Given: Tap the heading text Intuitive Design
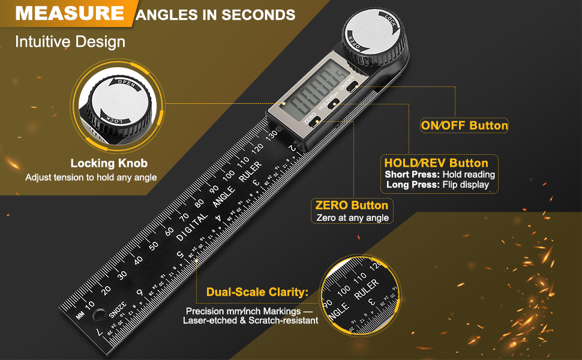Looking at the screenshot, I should coord(70,42).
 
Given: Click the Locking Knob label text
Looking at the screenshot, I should coord(109,163).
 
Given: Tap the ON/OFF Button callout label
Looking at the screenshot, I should coord(464,125).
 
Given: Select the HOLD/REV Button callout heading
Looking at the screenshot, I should coord(436,163).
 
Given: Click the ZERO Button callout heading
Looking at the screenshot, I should coord(352,205).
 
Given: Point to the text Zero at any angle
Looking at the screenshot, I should coord(352,218).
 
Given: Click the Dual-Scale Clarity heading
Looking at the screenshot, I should coord(257,293).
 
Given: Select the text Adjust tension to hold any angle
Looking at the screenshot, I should coord(91,178).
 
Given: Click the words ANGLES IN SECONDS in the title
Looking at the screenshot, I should coord(215,14).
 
